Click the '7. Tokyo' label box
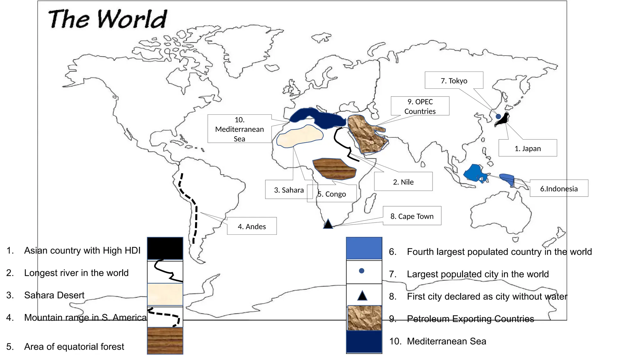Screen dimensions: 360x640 454,81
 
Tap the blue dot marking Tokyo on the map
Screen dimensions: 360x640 498,117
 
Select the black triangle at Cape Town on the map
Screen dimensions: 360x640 328,224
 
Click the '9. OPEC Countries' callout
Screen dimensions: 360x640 420,106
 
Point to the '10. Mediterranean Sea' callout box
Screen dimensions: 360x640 239,129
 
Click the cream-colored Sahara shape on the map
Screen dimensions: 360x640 299,136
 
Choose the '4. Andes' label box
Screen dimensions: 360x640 252,226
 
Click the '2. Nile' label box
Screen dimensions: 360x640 403,182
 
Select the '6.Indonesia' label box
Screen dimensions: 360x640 559,188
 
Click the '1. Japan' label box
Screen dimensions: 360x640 527,148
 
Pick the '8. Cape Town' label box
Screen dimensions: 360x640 412,216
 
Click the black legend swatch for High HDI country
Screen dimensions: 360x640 165,248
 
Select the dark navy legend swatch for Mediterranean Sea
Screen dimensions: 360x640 364,342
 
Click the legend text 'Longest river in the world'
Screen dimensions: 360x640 76,273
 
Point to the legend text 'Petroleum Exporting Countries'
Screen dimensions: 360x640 470,319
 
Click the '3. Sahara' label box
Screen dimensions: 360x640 289,190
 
